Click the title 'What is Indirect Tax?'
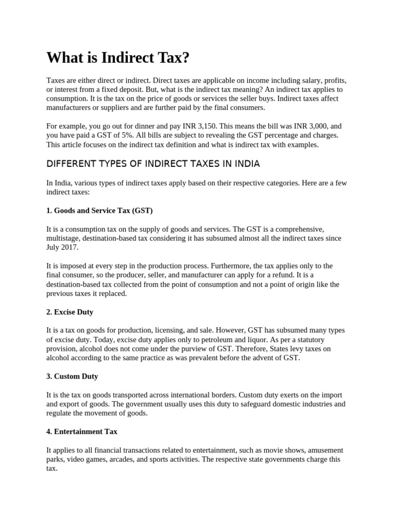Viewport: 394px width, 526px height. coord(118,58)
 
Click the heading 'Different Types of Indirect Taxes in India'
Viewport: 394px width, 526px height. coord(153,164)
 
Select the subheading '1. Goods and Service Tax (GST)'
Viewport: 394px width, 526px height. coord(100,211)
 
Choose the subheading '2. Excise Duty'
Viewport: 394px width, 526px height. coord(70,312)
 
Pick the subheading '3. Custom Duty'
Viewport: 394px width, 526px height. coord(72,376)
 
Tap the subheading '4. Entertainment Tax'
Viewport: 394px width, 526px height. coord(82,431)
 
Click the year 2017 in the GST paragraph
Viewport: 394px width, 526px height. coord(71,247)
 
